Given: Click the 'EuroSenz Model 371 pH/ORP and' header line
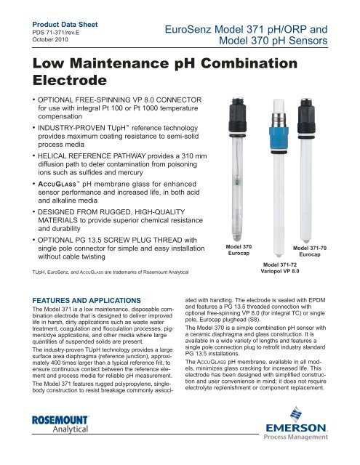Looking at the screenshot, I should (x=249, y=28).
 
